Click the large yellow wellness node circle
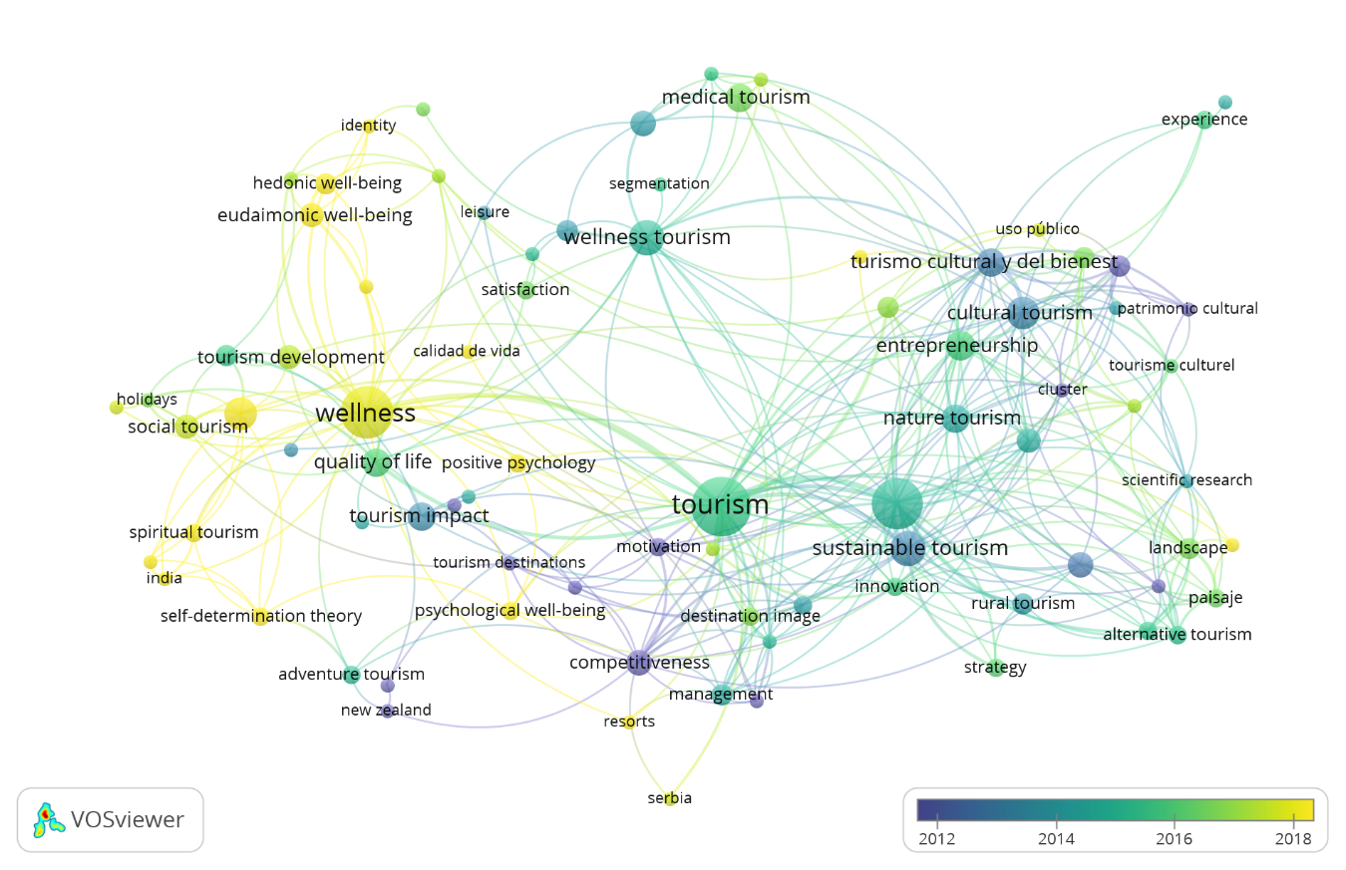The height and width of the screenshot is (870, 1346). [x=367, y=413]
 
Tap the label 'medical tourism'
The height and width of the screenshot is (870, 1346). [x=736, y=98]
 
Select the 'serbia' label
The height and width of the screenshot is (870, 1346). [x=669, y=798]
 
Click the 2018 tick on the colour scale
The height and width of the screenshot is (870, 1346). [x=1293, y=820]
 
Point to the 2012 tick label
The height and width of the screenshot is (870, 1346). [x=937, y=838]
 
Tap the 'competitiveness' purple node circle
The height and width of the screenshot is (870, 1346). [x=639, y=663]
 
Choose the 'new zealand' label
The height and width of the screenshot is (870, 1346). [x=386, y=711]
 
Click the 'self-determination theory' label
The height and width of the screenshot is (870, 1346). [x=260, y=616]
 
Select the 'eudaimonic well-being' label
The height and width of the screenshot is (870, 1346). [x=314, y=215]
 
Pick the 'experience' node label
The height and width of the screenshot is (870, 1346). [x=1203, y=120]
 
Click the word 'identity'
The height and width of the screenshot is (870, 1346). [x=368, y=126]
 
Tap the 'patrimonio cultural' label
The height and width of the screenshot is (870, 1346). [x=1187, y=309]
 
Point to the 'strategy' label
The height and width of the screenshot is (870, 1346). [x=995, y=668]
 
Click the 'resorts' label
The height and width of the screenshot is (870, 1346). [x=629, y=722]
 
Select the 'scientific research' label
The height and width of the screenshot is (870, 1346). [x=1186, y=480]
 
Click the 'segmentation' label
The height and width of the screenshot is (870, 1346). [x=659, y=184]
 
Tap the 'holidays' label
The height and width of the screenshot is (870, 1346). [x=147, y=400]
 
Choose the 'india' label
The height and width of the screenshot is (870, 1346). [x=164, y=578]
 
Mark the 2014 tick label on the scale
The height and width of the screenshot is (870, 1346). [x=1056, y=838]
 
